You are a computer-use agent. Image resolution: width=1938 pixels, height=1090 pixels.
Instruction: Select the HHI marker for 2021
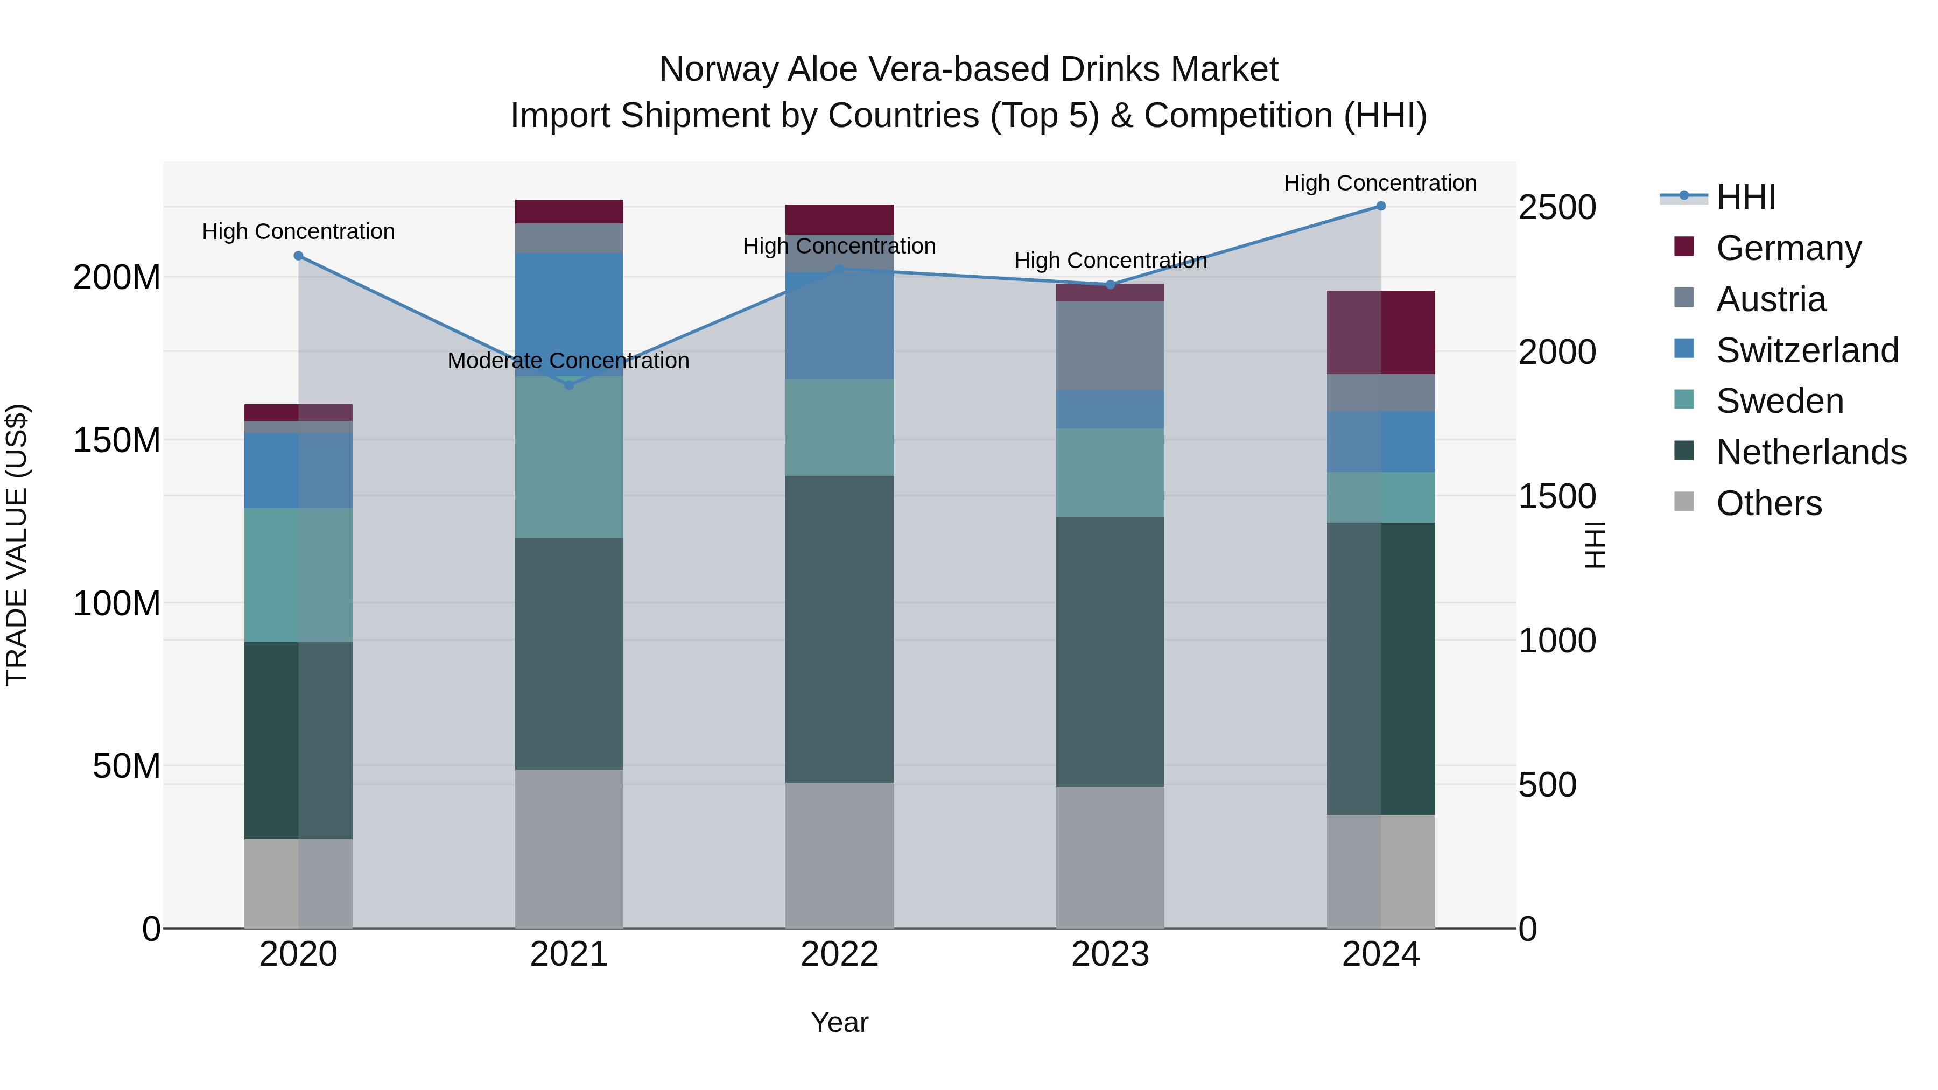point(569,385)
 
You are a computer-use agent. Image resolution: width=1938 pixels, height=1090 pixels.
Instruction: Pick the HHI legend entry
point(1745,197)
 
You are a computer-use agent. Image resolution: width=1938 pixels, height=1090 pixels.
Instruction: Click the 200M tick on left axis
point(117,278)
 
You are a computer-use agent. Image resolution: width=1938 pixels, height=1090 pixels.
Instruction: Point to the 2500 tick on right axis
point(1556,208)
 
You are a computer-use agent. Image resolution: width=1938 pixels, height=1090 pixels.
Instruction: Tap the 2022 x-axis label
point(840,954)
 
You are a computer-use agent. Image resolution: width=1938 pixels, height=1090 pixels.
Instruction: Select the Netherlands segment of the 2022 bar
point(840,629)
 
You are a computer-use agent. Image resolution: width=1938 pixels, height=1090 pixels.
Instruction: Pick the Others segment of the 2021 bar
point(569,848)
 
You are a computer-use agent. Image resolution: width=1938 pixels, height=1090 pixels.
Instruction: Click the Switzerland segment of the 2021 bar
point(569,314)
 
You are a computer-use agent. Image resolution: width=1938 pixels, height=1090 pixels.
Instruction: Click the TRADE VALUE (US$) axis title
point(17,545)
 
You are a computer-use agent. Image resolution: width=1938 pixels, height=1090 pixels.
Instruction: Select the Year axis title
point(840,1022)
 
